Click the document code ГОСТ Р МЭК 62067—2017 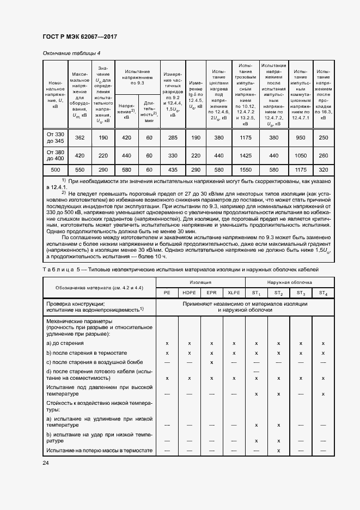[x=80, y=37]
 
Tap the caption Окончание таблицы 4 [x=71, y=53]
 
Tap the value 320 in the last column [x=324, y=171]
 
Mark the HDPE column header [x=189, y=293]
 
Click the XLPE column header [x=234, y=293]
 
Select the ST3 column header [x=301, y=293]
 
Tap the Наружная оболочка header [x=289, y=282]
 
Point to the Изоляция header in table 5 [x=200, y=282]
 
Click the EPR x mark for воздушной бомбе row [x=211, y=362]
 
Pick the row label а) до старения [x=65, y=343]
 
